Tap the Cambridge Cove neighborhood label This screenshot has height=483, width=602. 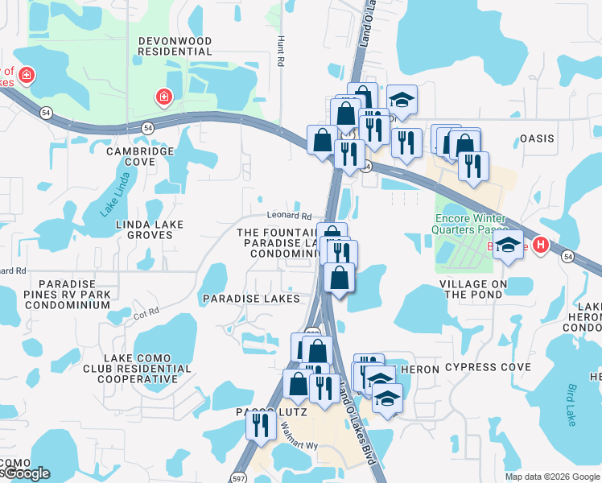141,156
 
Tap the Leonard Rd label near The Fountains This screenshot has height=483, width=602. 289,216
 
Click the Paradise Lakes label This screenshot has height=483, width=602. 251,299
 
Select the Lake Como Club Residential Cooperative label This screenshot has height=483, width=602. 147,369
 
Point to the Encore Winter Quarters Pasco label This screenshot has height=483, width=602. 470,224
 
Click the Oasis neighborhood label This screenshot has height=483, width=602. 537,138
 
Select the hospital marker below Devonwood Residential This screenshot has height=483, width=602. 164,97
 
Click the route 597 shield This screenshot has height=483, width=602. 239,477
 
